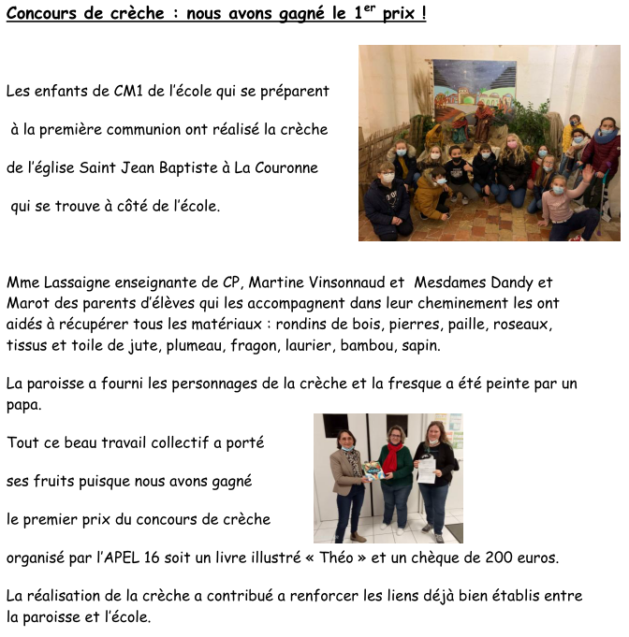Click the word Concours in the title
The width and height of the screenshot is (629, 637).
42,15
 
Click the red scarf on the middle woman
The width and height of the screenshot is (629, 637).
392,458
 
